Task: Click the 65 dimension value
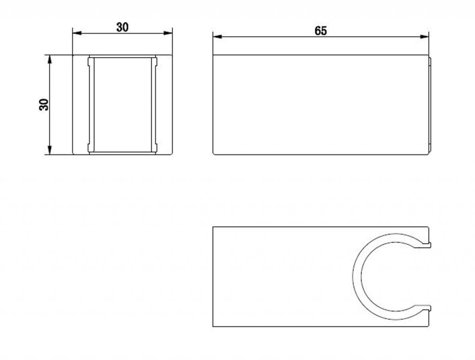(x=321, y=31)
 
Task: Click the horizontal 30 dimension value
(x=122, y=27)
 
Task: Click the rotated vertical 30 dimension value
(x=44, y=104)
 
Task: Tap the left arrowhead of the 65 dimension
(x=218, y=37)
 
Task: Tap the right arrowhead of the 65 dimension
(x=424, y=37)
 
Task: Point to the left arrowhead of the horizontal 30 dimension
(x=77, y=33)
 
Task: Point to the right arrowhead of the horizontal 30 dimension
(x=167, y=33)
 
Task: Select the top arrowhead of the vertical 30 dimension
(x=50, y=60)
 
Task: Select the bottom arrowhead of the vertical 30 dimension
(x=50, y=150)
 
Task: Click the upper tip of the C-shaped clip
(x=430, y=244)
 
